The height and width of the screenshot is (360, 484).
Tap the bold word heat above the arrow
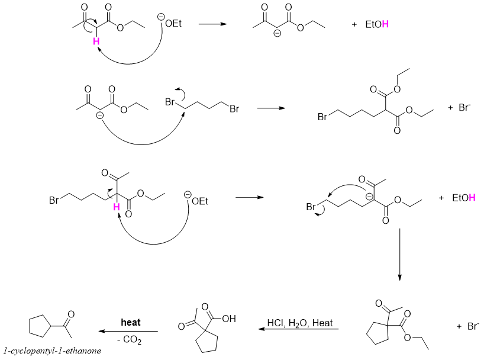pos(130,323)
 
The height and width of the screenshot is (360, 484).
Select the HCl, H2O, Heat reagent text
pos(299,323)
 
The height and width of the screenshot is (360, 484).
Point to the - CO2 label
pos(130,340)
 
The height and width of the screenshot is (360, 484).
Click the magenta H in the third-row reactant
pos(117,207)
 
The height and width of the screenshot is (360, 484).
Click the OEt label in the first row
pos(173,23)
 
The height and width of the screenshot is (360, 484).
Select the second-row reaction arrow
pos(271,109)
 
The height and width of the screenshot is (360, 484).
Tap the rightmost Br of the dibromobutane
pos(234,109)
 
